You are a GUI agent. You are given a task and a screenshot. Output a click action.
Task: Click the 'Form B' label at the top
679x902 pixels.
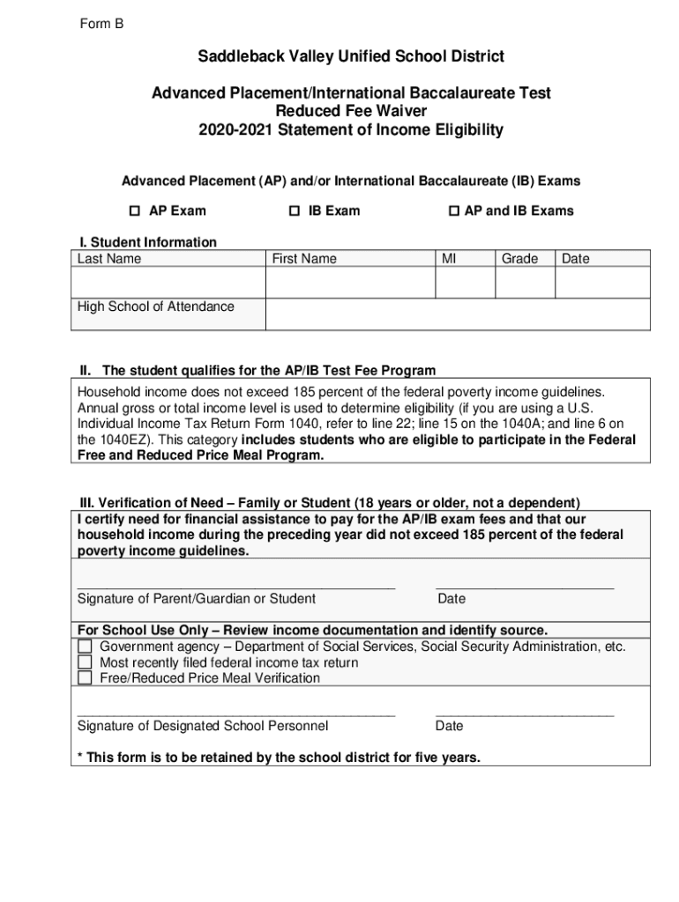[x=101, y=25]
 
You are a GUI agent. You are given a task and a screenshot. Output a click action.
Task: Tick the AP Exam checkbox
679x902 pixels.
[x=135, y=211]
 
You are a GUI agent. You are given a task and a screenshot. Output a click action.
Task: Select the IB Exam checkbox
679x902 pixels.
[x=295, y=211]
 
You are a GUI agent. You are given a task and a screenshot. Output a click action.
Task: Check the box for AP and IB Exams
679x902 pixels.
[x=454, y=211]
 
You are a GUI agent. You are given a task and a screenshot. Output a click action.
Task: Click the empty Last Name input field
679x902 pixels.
[x=168, y=283]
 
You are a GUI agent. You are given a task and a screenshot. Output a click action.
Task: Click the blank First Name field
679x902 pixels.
[x=349, y=283]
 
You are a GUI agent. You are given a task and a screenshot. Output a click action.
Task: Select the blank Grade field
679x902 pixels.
[x=524, y=283]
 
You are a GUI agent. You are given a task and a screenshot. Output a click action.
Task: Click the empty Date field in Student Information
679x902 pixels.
[x=601, y=283]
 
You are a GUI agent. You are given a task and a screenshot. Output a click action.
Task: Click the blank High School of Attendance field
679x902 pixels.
[x=457, y=314]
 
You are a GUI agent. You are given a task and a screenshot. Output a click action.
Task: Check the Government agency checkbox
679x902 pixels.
[x=85, y=647]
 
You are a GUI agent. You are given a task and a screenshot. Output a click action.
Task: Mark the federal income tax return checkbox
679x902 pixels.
[x=85, y=662]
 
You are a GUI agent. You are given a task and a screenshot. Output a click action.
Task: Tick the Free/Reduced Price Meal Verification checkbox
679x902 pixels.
[x=85, y=678]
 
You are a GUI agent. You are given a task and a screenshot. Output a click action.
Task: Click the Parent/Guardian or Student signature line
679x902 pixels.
[x=236, y=583]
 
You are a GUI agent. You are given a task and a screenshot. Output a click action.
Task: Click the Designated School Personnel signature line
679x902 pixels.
[x=236, y=711]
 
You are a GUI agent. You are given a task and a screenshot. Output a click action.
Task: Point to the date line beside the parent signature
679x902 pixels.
[x=525, y=583]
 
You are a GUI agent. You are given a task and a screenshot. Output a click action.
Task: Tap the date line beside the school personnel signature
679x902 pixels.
[x=525, y=711]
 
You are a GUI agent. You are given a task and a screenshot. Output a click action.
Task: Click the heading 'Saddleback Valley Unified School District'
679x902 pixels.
[x=351, y=57]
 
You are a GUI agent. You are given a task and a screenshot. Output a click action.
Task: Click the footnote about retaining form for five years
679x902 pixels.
[x=279, y=757]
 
